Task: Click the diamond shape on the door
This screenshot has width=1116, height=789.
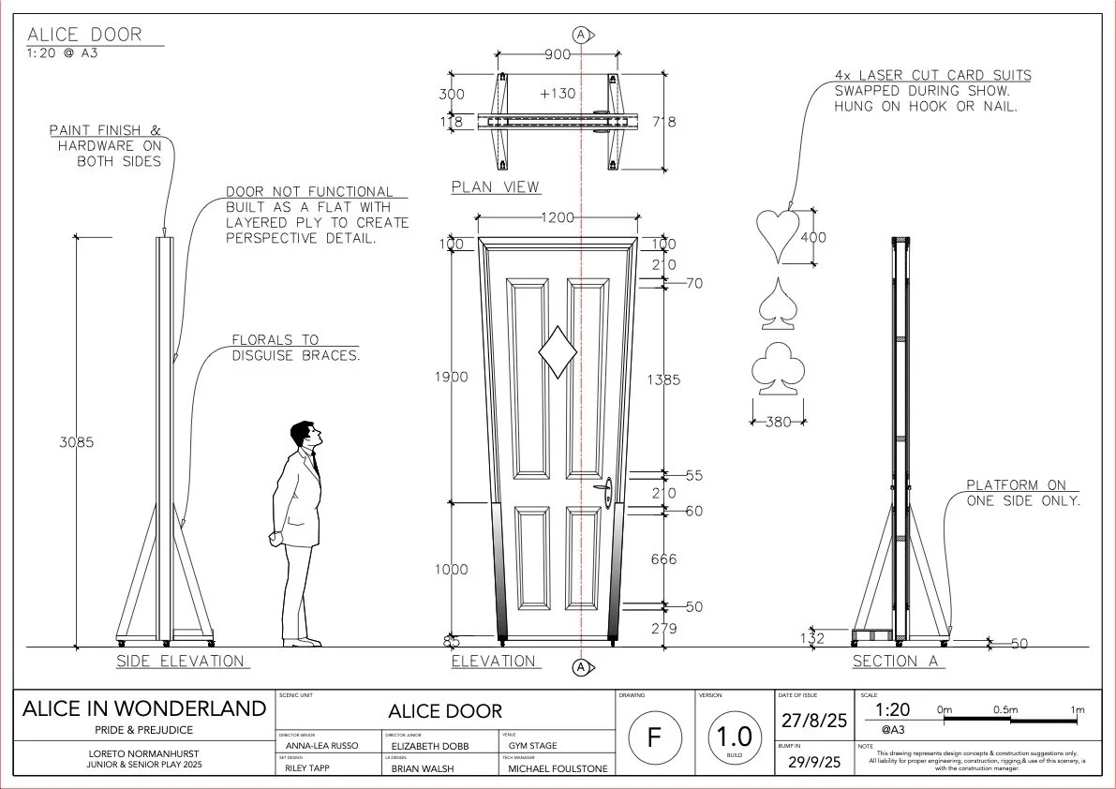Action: (558, 352)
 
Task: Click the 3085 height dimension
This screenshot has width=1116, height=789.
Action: (77, 442)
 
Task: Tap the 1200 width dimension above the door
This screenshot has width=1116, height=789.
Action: (557, 218)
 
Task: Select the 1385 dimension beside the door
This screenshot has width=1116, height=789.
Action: (663, 380)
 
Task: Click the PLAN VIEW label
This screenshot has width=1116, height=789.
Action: (496, 186)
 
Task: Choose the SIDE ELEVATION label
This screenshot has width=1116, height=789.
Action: (180, 661)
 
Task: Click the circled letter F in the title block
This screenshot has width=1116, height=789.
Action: (654, 737)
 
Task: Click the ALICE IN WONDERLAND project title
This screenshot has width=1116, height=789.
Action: (144, 708)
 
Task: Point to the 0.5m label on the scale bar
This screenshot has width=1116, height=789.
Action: (1005, 709)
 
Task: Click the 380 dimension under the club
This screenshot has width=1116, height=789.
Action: (779, 422)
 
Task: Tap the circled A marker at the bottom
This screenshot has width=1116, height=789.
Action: (581, 667)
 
